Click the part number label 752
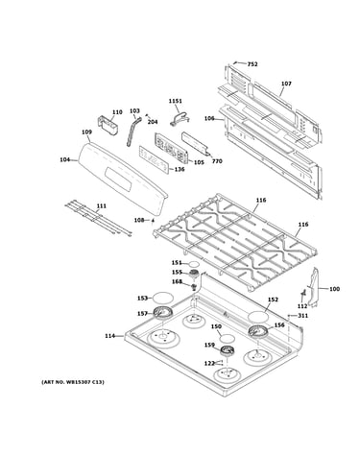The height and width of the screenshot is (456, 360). [252, 64]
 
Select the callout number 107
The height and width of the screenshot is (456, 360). [286, 84]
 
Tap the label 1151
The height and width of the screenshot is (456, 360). [176, 101]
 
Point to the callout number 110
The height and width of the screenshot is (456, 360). [117, 112]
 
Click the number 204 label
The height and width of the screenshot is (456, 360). [153, 122]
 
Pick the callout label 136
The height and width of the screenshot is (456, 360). [180, 169]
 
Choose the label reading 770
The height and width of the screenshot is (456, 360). [217, 161]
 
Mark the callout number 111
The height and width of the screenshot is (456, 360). [101, 206]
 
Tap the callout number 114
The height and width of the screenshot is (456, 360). [109, 336]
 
